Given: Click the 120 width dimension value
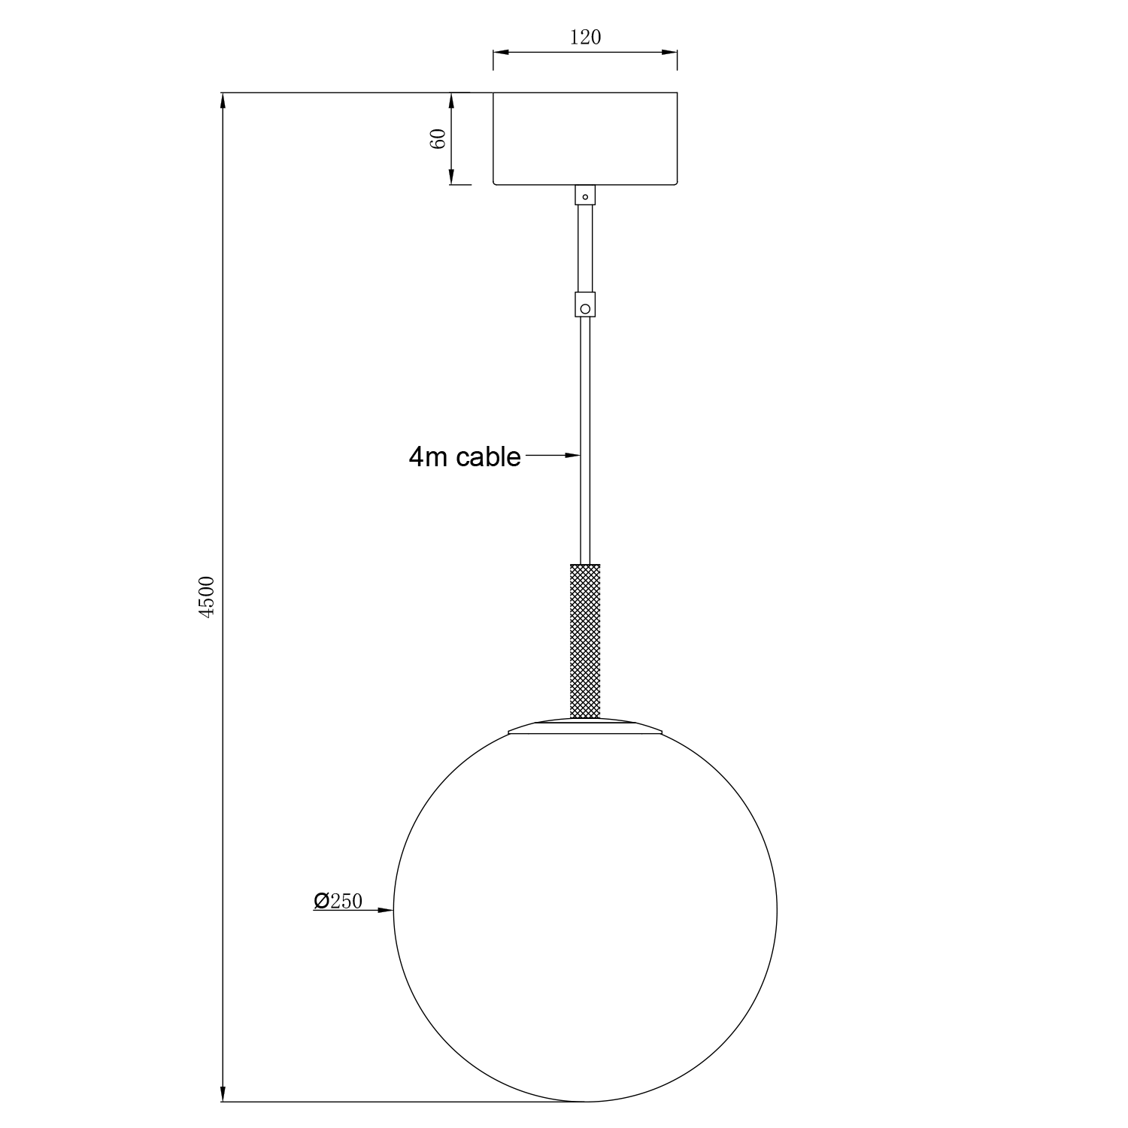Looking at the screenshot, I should pyautogui.click(x=585, y=38).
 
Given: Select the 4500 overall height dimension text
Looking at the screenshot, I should pyautogui.click(x=207, y=596).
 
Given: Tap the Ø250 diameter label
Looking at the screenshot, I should pyautogui.click(x=338, y=901).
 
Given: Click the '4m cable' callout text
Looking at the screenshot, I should pyautogui.click(x=465, y=456).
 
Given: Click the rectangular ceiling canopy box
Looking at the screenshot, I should pyautogui.click(x=585, y=138).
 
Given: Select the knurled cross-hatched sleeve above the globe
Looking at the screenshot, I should pyautogui.click(x=585, y=640).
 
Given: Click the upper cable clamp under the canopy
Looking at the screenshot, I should pyautogui.click(x=585, y=196).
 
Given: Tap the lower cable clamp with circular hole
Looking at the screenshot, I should pyautogui.click(x=585, y=305).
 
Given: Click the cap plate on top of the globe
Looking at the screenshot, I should pyautogui.click(x=585, y=726).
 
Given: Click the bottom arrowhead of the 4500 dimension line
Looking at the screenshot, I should pyautogui.click(x=223, y=1094).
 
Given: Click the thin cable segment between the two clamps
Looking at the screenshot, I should pyautogui.click(x=585, y=248).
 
